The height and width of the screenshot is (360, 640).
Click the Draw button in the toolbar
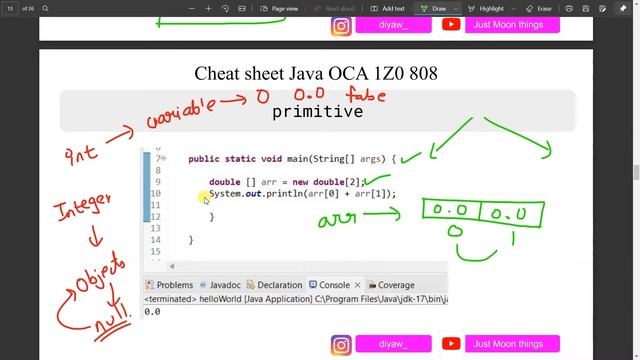tap(435, 8)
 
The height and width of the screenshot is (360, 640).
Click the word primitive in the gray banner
tap(317, 111)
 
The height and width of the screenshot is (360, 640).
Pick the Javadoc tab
tap(220, 285)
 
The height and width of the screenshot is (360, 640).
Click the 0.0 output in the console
tap(152, 311)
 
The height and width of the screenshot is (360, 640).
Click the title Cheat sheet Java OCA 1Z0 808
tap(316, 73)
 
